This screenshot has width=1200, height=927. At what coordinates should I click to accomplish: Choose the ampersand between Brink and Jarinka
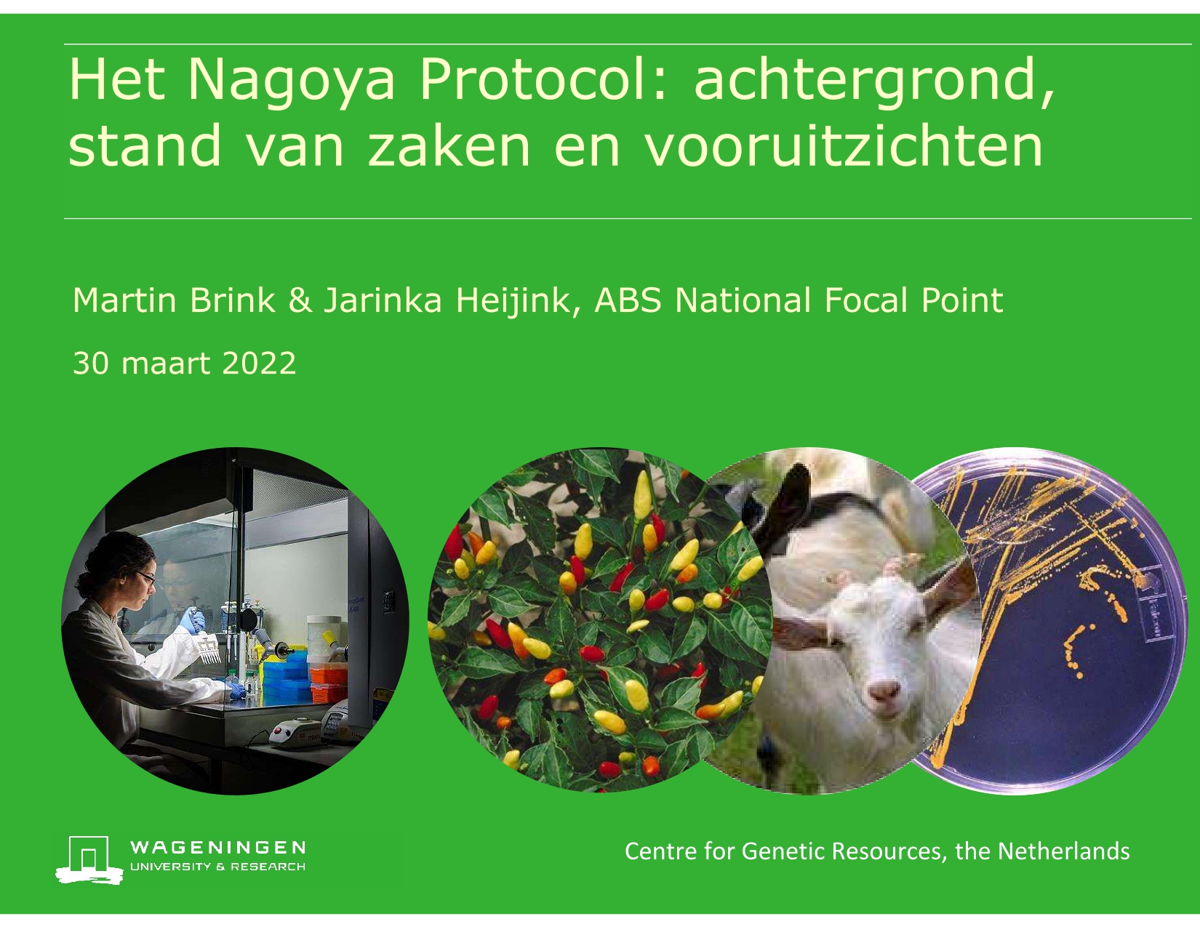(x=300, y=301)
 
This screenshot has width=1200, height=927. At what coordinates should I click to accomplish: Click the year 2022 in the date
(x=259, y=364)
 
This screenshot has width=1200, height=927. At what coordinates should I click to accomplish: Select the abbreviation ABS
(x=628, y=301)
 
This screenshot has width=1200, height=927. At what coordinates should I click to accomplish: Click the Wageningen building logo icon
(x=89, y=859)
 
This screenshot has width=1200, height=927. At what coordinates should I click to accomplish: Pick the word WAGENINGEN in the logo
(x=217, y=848)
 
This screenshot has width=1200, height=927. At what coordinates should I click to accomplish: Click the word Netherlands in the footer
(x=1063, y=851)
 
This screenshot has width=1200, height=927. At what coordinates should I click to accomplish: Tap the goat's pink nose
(x=884, y=691)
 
